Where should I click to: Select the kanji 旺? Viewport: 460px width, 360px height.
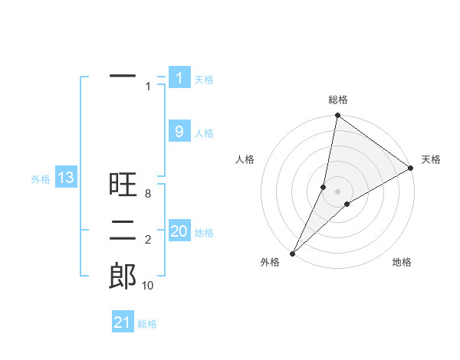(x=123, y=185)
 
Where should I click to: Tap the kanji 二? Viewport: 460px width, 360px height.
(x=123, y=230)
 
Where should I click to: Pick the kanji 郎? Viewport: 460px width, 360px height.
(x=123, y=275)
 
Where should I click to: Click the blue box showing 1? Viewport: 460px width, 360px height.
(x=179, y=77)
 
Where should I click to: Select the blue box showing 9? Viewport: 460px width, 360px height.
(x=179, y=132)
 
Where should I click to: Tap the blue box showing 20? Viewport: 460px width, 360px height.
(x=179, y=231)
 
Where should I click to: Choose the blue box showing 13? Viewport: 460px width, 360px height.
(x=65, y=178)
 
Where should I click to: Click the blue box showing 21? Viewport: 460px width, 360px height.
(x=123, y=322)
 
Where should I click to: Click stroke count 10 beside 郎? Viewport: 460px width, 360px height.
(x=148, y=286)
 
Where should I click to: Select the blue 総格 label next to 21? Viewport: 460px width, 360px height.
(x=147, y=324)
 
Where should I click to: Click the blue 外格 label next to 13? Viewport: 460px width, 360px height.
(x=41, y=179)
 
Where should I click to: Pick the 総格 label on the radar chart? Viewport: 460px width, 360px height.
(x=338, y=100)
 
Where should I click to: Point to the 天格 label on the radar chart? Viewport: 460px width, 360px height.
(x=431, y=159)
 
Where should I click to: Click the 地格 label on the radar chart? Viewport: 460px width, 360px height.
(x=402, y=262)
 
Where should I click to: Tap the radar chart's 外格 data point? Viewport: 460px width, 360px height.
(x=292, y=253)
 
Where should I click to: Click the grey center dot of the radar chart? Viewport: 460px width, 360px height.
(x=338, y=191)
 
